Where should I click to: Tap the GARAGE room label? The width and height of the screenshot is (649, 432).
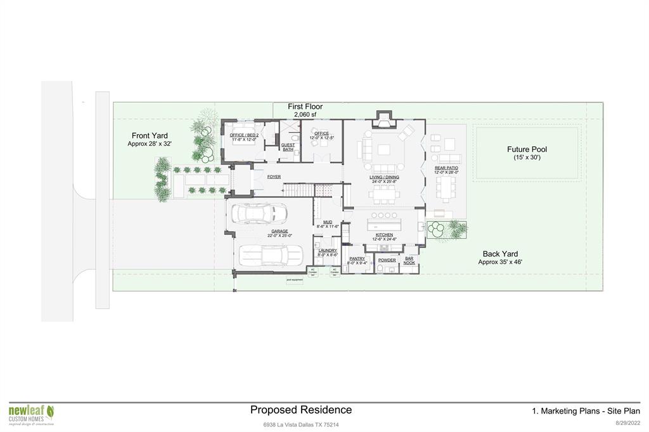pos(280,231)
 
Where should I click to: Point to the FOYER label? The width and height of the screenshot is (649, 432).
pos(274,177)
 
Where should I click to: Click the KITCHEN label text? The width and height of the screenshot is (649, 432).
pos(384,235)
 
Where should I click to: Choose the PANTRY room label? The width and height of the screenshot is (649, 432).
pos(356,259)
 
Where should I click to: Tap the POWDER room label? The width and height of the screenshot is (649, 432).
pos(387,260)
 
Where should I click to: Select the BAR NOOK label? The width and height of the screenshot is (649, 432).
pos(409,260)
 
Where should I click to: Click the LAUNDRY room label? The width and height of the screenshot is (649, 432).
pos(328,251)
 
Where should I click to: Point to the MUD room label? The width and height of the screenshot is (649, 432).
pos(328,222)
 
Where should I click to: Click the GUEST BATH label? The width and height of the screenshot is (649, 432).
pos(288,147)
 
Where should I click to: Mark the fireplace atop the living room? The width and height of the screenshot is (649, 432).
pos(383,118)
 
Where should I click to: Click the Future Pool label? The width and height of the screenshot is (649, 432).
pos(527,149)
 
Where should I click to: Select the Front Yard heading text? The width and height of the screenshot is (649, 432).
pos(150,136)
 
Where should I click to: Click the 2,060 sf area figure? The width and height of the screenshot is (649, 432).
pos(305,115)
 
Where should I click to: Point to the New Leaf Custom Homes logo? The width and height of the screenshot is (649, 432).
pos(31,414)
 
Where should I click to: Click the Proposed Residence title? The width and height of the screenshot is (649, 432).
pos(300,410)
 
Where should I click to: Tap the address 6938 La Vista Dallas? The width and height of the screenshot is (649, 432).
pos(301,424)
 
